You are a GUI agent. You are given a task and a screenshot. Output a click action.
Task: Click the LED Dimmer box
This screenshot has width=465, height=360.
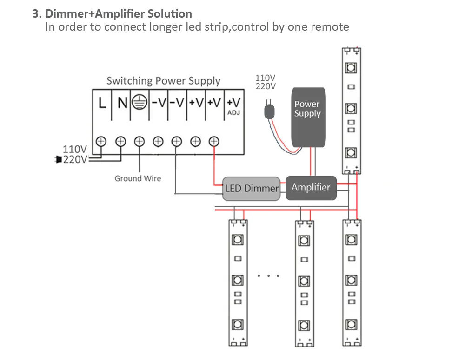(x=252, y=188)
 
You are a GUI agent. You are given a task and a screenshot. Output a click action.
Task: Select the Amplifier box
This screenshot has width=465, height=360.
(x=311, y=188)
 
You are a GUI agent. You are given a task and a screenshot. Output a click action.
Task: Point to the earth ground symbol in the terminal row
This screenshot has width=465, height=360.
(x=139, y=103)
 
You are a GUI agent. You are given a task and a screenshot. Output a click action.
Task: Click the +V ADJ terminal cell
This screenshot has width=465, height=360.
(x=233, y=105)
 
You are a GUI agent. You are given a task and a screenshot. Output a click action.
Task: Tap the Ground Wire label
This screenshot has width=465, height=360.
(x=138, y=178)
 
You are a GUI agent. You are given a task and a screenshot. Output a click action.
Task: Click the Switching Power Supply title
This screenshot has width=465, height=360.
(x=163, y=80)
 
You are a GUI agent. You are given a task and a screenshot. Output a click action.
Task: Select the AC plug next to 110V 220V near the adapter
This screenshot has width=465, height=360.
(x=268, y=111)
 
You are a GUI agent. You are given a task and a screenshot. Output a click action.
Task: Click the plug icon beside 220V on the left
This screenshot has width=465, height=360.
(x=58, y=159)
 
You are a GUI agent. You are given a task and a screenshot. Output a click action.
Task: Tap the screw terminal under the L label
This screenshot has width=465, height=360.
(x=101, y=140)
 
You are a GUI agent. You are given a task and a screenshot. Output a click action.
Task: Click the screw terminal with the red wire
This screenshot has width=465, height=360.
(x=214, y=140)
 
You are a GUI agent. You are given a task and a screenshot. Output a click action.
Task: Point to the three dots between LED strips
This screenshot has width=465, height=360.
(x=269, y=276)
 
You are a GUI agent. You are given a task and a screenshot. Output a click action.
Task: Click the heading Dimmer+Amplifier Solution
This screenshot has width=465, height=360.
(x=112, y=14)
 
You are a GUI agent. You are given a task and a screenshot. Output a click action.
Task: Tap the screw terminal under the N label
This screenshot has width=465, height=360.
(x=120, y=140)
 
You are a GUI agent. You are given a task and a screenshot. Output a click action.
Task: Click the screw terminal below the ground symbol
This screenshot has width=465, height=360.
(x=139, y=140)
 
